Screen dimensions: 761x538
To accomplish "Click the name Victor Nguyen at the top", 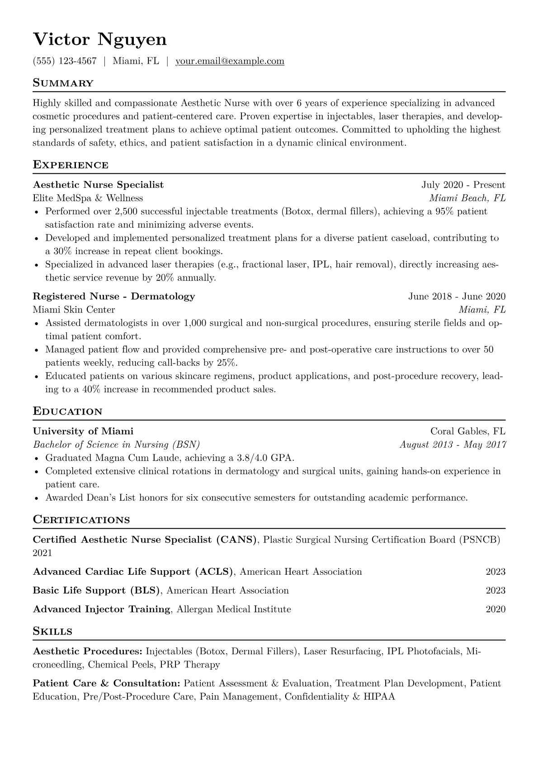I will (x=100, y=40).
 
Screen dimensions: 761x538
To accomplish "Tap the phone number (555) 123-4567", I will (x=65, y=61).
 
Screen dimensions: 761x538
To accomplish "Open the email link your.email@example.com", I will (x=230, y=61).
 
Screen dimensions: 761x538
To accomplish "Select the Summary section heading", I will (x=63, y=83).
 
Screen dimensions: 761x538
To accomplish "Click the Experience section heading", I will (x=71, y=165).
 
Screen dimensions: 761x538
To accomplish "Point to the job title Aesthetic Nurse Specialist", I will (x=98, y=184).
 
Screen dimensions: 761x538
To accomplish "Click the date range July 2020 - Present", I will (x=463, y=184).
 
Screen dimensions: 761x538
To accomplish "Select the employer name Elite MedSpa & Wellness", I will (x=88, y=198).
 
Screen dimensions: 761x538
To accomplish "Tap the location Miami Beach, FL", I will (x=467, y=198).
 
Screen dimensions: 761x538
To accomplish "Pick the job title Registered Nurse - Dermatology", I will (x=114, y=296).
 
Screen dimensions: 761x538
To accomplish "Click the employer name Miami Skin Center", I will (x=74, y=310).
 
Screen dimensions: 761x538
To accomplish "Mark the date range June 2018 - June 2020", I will (x=457, y=296).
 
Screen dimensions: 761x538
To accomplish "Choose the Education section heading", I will (x=67, y=411).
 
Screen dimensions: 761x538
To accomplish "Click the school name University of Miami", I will (x=83, y=431).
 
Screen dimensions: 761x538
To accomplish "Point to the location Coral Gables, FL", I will (x=467, y=431).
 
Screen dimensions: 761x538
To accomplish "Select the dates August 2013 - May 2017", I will (x=453, y=444).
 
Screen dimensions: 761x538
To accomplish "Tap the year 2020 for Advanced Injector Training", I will (x=496, y=609).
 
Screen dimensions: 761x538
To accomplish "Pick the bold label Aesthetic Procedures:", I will (x=88, y=651).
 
